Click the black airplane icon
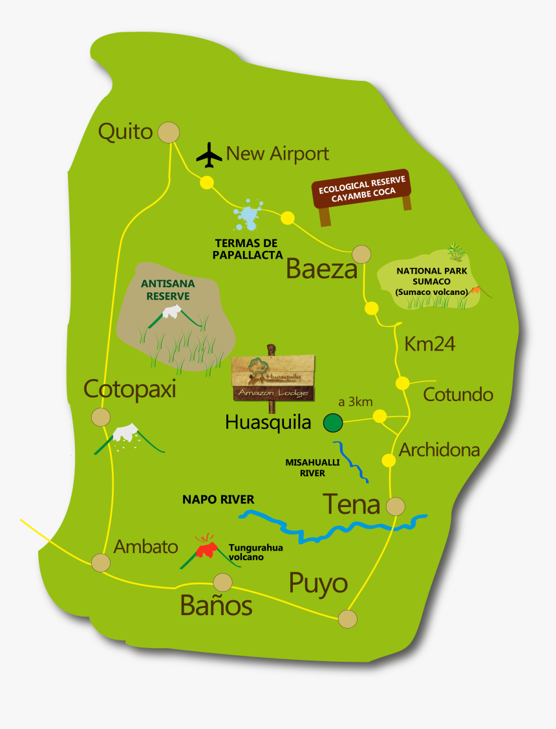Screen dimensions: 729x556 [x=209, y=154]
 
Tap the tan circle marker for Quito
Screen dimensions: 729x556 [x=169, y=133]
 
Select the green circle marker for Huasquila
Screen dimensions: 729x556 [x=333, y=423]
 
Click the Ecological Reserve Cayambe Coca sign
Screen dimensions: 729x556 [x=362, y=191]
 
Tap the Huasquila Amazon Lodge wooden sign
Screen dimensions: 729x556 [x=273, y=378]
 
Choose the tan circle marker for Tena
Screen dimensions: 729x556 [x=395, y=506]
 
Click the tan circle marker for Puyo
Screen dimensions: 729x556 [x=348, y=619]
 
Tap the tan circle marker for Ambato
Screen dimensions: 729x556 [x=100, y=562]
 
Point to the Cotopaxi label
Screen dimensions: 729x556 [x=130, y=389]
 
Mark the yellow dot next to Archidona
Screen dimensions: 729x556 [x=389, y=460]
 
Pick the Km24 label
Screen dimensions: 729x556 [x=430, y=344]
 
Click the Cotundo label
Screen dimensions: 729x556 [x=458, y=395]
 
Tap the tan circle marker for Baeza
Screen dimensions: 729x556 [x=361, y=254]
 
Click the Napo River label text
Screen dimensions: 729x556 [x=218, y=499]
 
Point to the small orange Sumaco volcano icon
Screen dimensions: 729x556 [x=476, y=290]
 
